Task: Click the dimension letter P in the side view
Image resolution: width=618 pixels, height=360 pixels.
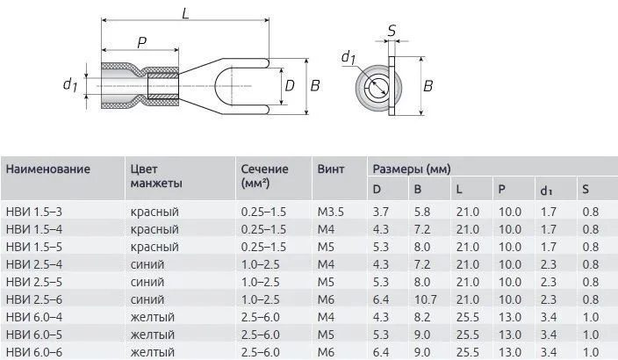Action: pyautogui.click(x=140, y=43)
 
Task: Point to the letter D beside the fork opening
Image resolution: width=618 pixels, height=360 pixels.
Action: pyautogui.click(x=290, y=85)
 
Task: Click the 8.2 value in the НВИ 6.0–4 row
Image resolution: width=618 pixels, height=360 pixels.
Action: pyautogui.click(x=422, y=317)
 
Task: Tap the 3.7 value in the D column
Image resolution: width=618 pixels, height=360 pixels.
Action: pyautogui.click(x=381, y=212)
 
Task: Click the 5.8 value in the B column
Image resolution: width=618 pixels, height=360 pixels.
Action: pyautogui.click(x=422, y=212)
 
